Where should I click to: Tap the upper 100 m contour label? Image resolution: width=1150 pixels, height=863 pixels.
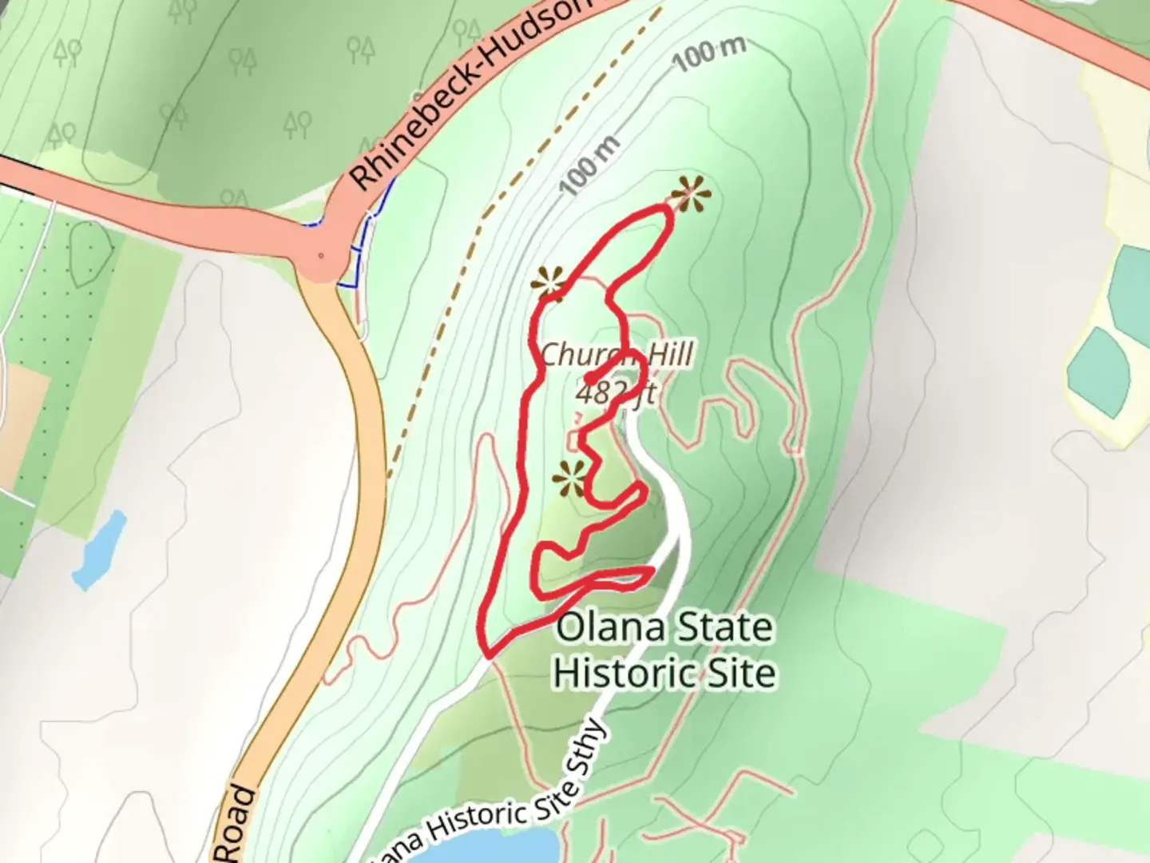point(708,53)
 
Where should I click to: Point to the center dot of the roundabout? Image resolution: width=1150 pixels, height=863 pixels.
point(321,256)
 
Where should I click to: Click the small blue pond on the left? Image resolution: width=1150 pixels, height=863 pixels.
point(99,551)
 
